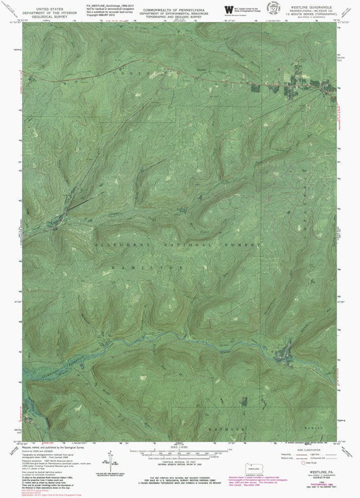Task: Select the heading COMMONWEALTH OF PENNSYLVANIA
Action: [x=174, y=10]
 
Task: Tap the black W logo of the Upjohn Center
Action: [x=229, y=10]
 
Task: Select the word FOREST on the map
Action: [x=247, y=244]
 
